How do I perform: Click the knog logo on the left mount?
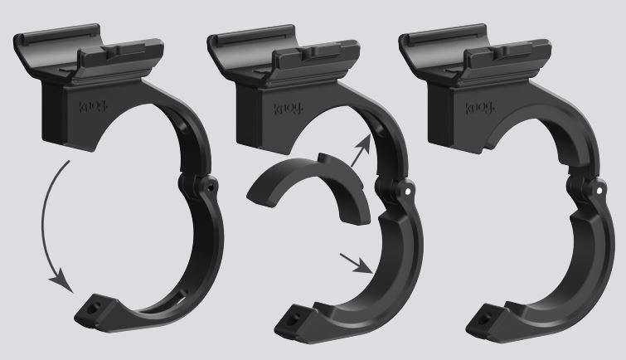[93, 107]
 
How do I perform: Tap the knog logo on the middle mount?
[288, 109]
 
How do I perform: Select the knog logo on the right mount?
[479, 108]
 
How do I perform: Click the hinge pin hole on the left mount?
[210, 187]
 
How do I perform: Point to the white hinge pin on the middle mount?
[407, 192]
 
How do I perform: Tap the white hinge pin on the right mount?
[599, 192]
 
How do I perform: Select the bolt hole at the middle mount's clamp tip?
[294, 319]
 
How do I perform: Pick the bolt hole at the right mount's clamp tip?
[486, 318]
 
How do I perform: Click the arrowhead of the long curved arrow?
[62, 282]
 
